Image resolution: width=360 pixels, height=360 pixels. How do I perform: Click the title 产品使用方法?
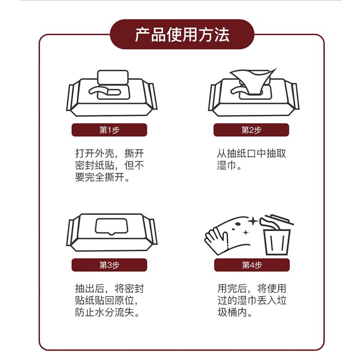pos(182,35)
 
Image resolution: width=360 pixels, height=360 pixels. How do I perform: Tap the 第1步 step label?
pos(109,130)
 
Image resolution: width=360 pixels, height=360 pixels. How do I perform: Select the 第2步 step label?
pos(251,130)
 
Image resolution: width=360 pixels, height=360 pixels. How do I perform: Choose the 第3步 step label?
pos(109,265)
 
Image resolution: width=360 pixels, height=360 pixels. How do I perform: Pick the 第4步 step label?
pos(252,265)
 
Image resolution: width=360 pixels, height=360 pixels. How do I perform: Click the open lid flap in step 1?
pos(113,77)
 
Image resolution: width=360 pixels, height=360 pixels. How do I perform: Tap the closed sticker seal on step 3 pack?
pos(111,227)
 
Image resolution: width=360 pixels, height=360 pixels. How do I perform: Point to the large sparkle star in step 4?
pos(253,221)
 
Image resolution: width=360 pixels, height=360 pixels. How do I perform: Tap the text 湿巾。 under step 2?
pos(229,165)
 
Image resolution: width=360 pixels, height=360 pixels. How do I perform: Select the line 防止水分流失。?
pos(107,312)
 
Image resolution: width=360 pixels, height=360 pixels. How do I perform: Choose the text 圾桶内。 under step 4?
pos(235,312)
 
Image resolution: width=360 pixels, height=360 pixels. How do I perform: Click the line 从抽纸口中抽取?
pos(252,153)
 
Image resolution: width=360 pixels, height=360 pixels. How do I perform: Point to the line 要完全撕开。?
pos(103,177)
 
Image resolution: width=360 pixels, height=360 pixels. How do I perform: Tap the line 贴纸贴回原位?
pos(107,300)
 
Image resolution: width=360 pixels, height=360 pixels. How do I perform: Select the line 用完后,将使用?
pos(252,288)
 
